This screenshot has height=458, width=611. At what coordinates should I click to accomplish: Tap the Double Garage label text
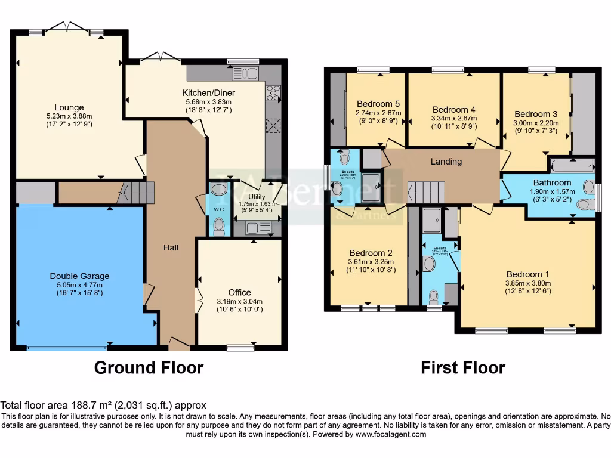tap(79, 276)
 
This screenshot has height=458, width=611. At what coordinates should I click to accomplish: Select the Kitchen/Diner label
tap(208, 93)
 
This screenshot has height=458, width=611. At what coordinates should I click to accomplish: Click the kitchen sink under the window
tap(245, 73)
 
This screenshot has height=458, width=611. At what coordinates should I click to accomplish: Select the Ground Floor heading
tap(149, 368)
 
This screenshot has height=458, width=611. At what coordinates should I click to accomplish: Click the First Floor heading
tap(463, 368)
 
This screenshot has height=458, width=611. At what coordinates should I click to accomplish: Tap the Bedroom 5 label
tap(378, 104)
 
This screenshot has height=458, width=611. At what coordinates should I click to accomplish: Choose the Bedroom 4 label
tap(453, 110)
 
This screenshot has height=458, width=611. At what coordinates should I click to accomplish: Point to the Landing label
tap(446, 162)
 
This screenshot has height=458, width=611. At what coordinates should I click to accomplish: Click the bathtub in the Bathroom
tap(572, 166)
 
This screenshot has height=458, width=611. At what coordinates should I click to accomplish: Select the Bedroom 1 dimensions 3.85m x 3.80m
tap(527, 283)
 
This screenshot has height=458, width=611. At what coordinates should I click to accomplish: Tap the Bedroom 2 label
tap(371, 252)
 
